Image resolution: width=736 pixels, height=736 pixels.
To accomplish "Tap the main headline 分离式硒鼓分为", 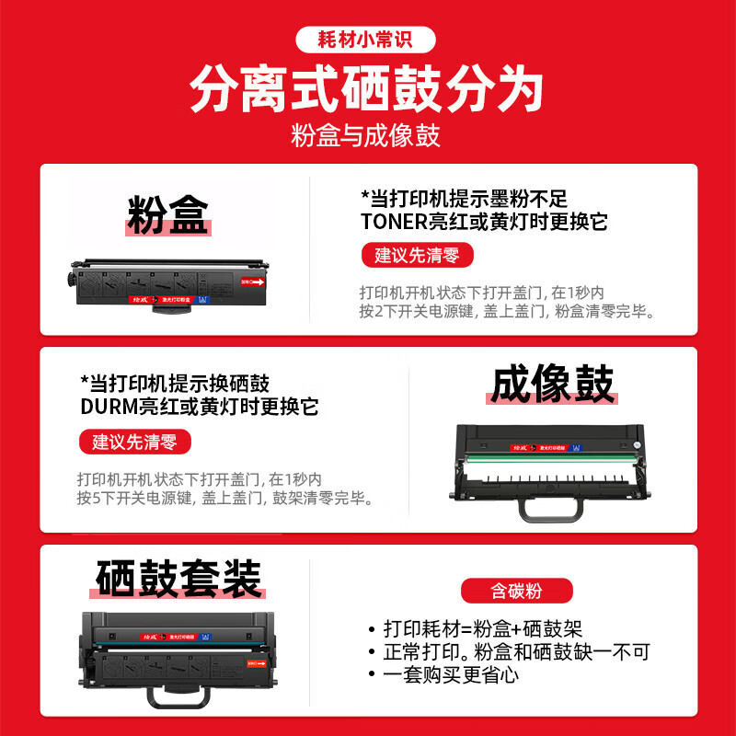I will coord(367,90).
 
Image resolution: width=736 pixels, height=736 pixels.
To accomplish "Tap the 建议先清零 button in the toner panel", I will coord(416,255).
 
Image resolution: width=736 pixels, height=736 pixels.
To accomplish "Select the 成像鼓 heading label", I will coord(551,385).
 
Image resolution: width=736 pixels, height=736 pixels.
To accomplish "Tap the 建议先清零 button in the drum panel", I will coord(134,442).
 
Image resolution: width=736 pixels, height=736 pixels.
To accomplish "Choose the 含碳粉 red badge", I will coord(517,590).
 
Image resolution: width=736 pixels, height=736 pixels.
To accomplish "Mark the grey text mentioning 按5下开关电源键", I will coord(224,500).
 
